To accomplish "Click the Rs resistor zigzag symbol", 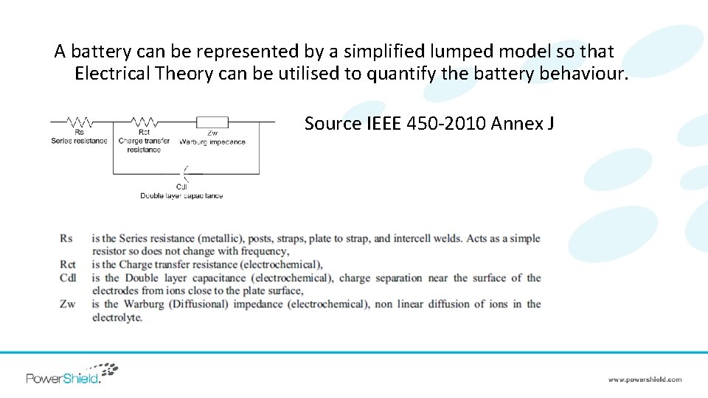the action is click(x=80, y=122).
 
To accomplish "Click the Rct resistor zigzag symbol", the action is click(x=144, y=122).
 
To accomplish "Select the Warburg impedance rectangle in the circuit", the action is click(x=212, y=122).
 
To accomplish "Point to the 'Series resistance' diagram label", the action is click(x=80, y=141).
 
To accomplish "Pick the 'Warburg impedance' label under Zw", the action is click(x=212, y=142).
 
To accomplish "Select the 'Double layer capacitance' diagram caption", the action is click(x=181, y=195).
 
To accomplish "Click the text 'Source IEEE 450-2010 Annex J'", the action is click(x=429, y=123).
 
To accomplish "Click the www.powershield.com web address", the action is click(x=645, y=380).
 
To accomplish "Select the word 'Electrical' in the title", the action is click(x=110, y=74).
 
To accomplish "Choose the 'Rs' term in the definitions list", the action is click(x=66, y=239).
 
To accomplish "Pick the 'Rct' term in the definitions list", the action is click(x=68, y=265).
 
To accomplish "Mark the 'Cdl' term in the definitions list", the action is click(x=68, y=278).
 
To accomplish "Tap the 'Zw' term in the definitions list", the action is click(x=67, y=304).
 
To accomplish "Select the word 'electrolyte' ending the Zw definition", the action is click(x=117, y=318).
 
